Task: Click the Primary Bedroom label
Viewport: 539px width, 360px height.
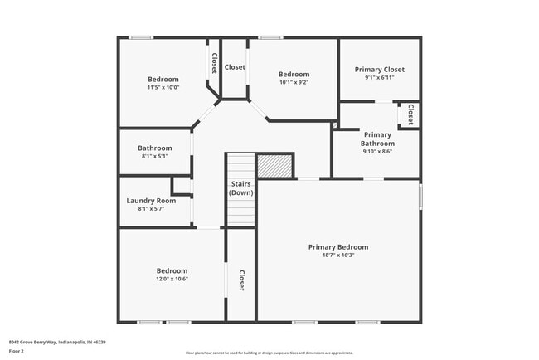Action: coord(338,247)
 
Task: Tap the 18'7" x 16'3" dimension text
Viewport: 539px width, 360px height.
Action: coord(338,256)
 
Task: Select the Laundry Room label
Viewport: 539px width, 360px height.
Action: coord(151,201)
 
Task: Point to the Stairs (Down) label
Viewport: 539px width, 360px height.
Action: coord(240,188)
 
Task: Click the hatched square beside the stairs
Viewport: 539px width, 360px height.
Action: coord(275,166)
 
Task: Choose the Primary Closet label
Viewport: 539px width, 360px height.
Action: coord(379,70)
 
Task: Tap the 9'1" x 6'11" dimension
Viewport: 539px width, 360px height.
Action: coord(379,79)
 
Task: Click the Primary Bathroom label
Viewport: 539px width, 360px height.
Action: coord(376,139)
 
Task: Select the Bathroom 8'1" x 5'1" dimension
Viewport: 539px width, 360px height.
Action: coord(155,156)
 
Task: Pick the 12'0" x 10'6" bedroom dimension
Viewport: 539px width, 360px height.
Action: coord(172,280)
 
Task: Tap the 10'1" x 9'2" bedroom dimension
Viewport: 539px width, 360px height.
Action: coord(294,82)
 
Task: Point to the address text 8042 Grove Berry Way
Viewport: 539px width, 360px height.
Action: coord(57,342)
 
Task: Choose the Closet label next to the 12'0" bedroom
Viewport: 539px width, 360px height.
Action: coord(241,280)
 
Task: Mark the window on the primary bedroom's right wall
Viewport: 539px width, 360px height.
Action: coord(420,196)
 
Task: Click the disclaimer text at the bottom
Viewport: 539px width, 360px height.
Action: coord(269,353)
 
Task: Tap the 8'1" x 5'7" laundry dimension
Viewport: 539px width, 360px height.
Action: coord(151,209)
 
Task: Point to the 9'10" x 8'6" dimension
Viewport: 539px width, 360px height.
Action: coord(376,152)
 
